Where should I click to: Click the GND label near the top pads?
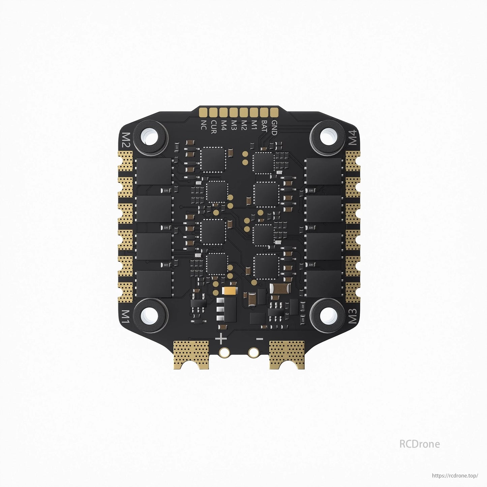274,127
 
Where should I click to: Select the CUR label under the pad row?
213,127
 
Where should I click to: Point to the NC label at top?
204,125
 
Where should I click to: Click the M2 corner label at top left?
126,140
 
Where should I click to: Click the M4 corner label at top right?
352,137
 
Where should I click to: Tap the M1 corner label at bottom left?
125,316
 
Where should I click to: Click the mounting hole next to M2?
150,136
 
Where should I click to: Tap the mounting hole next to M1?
150,315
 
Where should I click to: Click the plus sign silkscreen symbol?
221,338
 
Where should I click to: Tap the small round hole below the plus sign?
224,353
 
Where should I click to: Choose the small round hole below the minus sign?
253,353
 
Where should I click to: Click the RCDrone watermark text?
419,444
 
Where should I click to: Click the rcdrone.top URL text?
455,476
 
